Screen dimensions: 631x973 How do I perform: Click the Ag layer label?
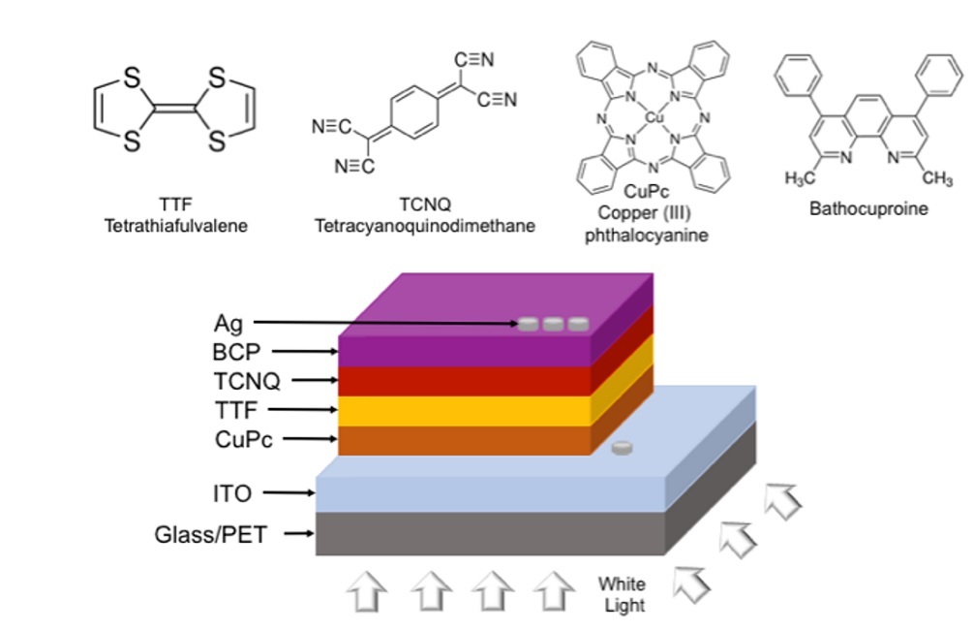tap(228, 323)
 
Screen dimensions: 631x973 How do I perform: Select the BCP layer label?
tap(236, 352)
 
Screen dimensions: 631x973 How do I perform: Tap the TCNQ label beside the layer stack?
tap(247, 381)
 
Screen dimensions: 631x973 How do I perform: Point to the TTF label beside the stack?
tap(236, 410)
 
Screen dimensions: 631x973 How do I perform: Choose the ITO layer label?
tap(231, 493)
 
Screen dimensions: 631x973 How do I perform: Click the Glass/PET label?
tap(210, 534)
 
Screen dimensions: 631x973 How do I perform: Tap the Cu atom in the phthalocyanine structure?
tap(653, 116)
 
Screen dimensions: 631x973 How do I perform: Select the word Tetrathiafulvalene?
tap(176, 226)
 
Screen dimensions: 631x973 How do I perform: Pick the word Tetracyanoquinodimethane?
tap(424, 226)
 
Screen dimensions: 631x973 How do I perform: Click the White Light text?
tap(621, 594)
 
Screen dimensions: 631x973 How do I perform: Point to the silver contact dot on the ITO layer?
tap(623, 449)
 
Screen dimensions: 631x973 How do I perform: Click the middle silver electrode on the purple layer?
tap(553, 324)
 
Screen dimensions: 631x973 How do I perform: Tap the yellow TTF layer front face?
tap(465, 411)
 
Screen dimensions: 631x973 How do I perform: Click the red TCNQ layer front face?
tap(465, 381)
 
